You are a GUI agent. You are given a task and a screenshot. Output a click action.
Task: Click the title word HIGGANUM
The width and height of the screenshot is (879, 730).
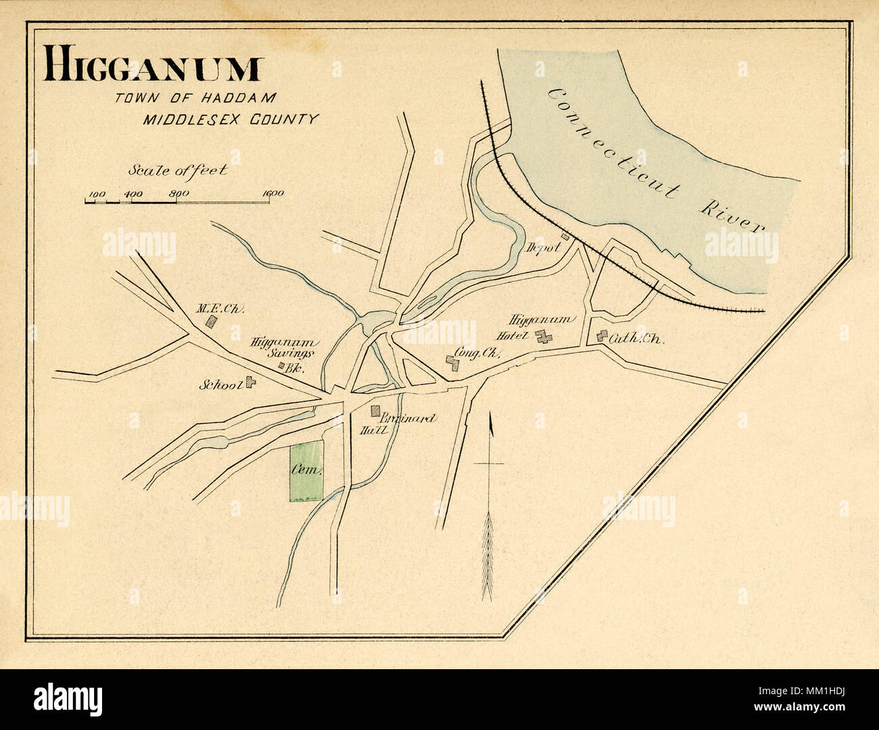tap(152, 68)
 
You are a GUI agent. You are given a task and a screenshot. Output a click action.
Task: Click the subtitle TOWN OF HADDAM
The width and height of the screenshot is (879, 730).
tap(195, 98)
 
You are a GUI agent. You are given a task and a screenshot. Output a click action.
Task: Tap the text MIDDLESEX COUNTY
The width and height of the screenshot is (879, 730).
tap(230, 120)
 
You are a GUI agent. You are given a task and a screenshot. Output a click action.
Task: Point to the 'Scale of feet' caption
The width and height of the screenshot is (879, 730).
tap(177, 170)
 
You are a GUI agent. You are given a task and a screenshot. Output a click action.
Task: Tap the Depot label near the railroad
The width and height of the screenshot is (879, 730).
tap(544, 247)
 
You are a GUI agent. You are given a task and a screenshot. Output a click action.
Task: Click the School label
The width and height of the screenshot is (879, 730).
tap(220, 385)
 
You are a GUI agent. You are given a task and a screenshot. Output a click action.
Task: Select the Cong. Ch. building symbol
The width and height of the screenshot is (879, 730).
tap(451, 363)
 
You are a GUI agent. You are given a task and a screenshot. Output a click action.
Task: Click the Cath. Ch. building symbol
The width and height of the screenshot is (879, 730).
tap(601, 336)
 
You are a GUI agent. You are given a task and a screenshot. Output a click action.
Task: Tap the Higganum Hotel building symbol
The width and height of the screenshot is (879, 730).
tap(541, 336)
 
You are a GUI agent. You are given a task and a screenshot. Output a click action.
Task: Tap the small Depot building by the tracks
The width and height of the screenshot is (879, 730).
tap(565, 237)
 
